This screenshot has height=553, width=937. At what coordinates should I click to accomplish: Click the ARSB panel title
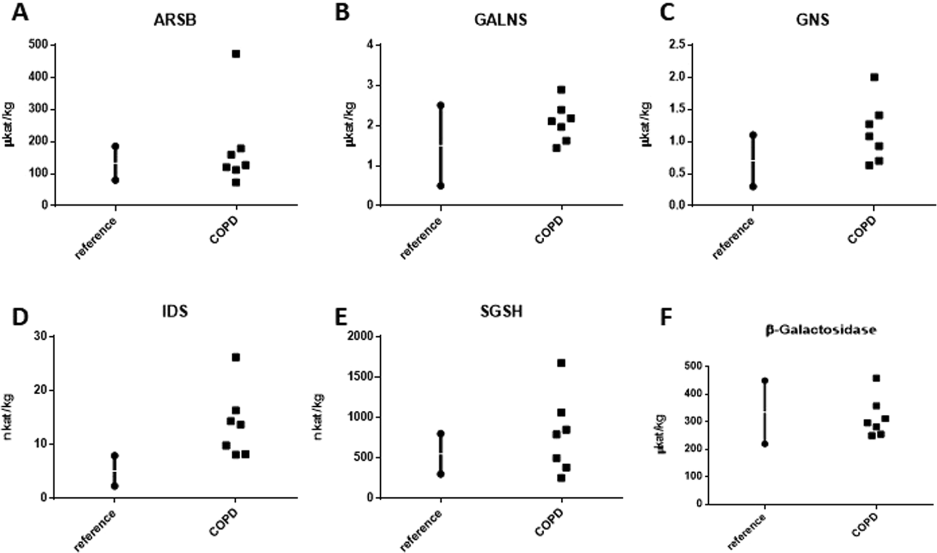[175, 19]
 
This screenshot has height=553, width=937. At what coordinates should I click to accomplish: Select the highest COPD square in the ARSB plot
[236, 54]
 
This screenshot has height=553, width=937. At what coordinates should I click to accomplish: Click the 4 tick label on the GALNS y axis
[368, 44]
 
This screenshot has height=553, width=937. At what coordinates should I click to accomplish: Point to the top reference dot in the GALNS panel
[441, 105]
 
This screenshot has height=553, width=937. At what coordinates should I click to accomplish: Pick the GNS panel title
[812, 19]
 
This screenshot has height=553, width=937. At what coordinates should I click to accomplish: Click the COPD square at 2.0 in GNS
[874, 77]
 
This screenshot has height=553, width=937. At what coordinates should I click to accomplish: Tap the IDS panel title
[174, 311]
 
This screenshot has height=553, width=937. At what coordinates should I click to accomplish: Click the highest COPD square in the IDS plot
[236, 357]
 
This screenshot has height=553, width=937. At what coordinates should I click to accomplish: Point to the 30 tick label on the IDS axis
[42, 336]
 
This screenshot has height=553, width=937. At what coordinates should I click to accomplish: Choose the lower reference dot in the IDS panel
[115, 486]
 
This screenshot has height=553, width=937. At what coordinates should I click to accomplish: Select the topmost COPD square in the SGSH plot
[561, 363]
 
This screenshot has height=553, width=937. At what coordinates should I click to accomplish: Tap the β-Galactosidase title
[820, 331]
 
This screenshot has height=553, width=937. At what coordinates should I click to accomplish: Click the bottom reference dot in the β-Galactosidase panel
[765, 444]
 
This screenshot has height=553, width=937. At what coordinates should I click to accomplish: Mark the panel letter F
[666, 317]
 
